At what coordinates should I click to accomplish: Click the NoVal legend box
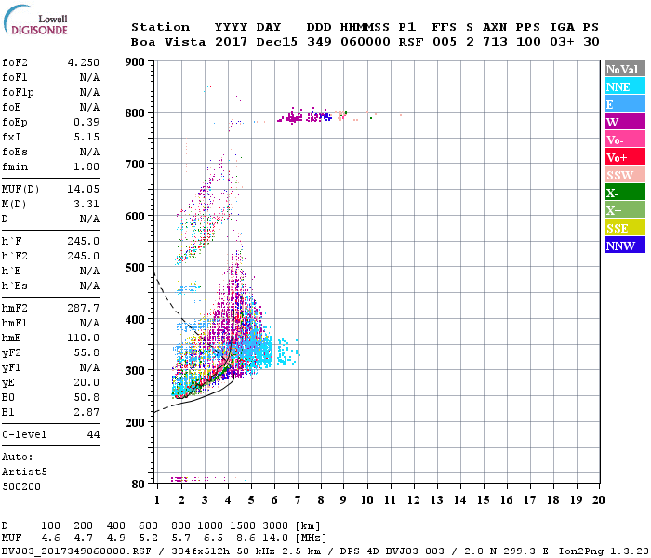[x=625, y=69]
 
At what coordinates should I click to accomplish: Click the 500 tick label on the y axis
[x=135, y=268]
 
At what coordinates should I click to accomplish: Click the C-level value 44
[x=93, y=434]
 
